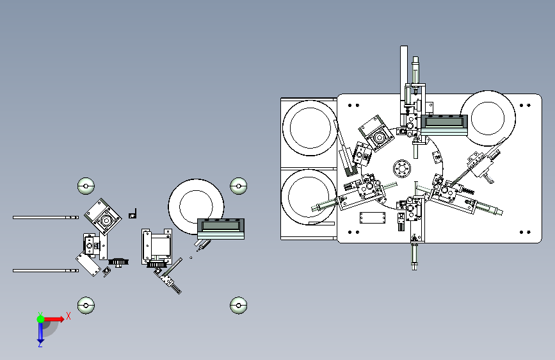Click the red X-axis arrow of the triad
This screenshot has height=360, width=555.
[54, 319]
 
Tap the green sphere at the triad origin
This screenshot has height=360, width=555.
[40, 319]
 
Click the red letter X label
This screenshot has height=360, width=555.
[68, 316]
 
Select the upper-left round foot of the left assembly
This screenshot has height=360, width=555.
[86, 186]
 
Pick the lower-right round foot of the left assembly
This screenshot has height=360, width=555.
[239, 306]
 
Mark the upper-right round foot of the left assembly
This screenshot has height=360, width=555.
[239, 186]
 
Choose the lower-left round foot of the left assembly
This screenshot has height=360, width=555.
[86, 306]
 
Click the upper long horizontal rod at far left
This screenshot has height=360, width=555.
[45, 218]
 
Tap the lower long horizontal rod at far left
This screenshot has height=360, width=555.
[45, 271]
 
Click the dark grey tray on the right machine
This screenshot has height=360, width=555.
[444, 122]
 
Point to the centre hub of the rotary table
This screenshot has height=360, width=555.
[402, 168]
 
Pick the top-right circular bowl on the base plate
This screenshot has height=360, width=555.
[488, 118]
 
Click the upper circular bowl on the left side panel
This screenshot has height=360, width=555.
[310, 128]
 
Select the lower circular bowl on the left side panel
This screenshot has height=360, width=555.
[309, 197]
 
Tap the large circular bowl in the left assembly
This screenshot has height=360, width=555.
[196, 206]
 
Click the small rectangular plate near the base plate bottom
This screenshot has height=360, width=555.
[373, 218]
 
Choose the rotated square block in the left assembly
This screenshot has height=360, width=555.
[103, 217]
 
